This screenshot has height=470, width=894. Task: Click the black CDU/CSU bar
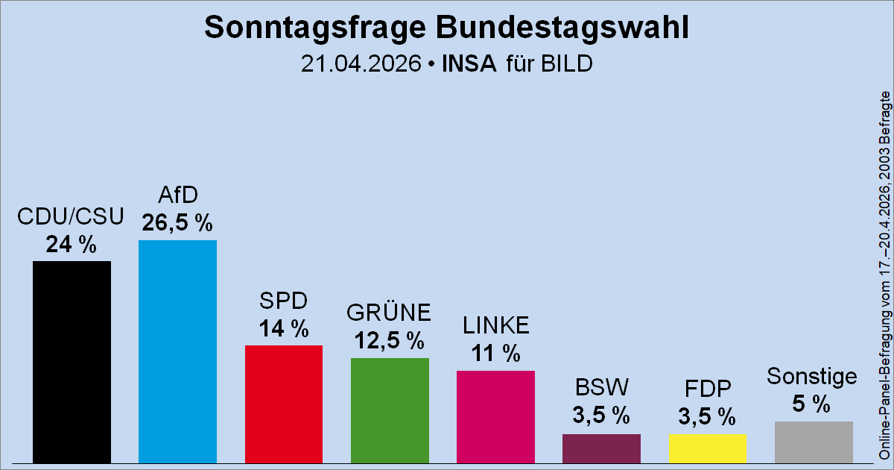pos(72,362)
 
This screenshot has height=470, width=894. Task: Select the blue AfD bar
pos(177,351)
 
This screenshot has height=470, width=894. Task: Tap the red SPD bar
pos(283,404)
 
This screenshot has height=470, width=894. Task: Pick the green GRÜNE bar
pos(390,410)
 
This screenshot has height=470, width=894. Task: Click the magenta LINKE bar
pos(495,416)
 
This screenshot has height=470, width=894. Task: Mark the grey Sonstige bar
pos(814,442)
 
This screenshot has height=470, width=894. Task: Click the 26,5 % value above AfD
pos(177,223)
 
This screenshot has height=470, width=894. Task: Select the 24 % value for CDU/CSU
pos(72,244)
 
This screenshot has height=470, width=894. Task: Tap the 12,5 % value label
pos(390,341)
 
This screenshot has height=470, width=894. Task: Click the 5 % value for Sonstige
pos(812,404)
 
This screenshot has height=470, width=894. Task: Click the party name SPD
pos(283,301)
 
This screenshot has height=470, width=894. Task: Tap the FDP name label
pos(707,389)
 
